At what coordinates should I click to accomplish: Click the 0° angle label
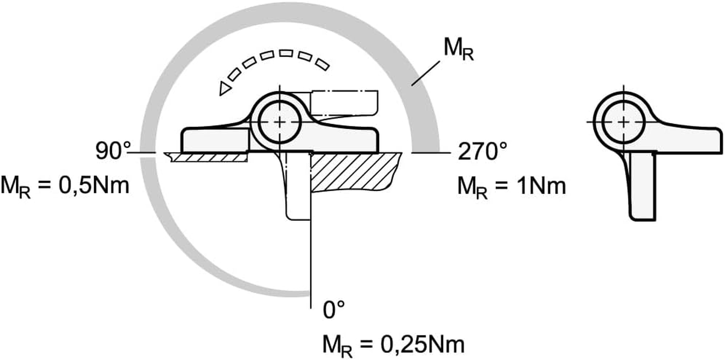(x=334, y=310)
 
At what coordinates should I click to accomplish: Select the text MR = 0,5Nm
(x=65, y=186)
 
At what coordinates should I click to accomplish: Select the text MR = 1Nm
(x=511, y=186)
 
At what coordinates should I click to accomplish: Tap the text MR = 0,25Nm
(x=393, y=345)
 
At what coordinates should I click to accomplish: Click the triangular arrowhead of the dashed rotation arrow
(x=224, y=89)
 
